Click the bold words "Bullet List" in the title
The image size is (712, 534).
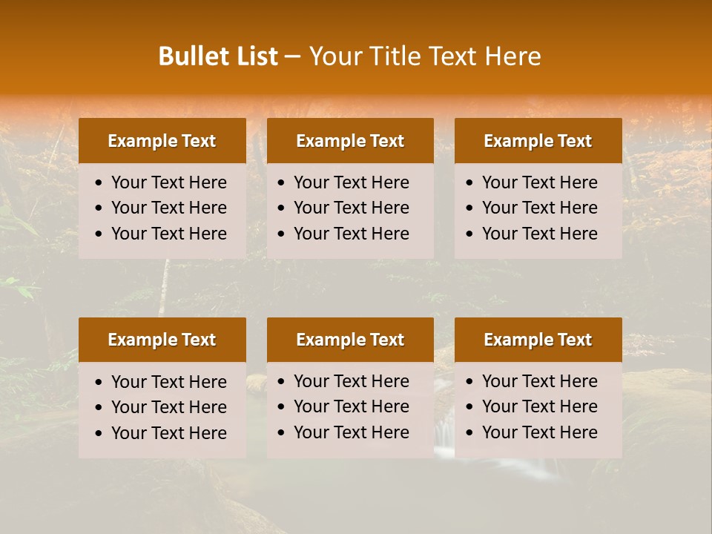coord(218,56)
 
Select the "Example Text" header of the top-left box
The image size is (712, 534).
coord(162,141)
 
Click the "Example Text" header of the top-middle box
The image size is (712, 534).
coord(350,141)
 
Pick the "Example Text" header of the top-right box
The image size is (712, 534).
coord(538,141)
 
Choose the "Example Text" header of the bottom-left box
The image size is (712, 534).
coord(162,340)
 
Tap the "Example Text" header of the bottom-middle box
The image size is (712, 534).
coord(350,340)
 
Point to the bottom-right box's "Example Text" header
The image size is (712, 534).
coord(538,340)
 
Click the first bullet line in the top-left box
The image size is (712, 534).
coord(168,182)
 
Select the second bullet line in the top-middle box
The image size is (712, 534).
coord(351,208)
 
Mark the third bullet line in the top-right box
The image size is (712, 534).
coord(539,234)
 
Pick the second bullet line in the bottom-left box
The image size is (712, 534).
coord(168,407)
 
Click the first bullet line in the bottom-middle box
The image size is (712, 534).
coord(351,381)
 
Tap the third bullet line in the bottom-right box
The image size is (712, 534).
coord(539,432)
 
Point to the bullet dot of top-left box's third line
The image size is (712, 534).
coord(99,234)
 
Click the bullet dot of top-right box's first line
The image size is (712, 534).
coord(470,183)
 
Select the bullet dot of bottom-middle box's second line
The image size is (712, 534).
coord(282,407)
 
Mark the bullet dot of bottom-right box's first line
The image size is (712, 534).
coord(470,382)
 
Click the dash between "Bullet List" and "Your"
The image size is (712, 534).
coord(293,57)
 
